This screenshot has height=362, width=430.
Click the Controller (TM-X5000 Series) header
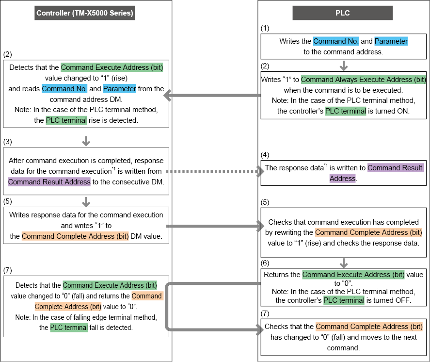[x=85, y=13]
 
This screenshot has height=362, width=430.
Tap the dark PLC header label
[x=342, y=13]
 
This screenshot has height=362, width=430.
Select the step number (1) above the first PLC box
[x=265, y=28]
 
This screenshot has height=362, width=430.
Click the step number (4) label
[x=265, y=155]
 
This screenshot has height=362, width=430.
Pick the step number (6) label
[x=265, y=263]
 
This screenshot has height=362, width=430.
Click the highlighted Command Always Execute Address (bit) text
[x=364, y=79]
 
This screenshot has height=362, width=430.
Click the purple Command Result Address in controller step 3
[x=49, y=181]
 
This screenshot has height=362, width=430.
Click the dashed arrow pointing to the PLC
[x=213, y=171]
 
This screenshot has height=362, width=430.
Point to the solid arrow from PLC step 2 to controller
[x=213, y=96]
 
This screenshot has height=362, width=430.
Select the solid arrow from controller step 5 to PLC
[x=213, y=226]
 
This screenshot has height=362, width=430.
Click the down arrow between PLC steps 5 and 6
[x=344, y=263]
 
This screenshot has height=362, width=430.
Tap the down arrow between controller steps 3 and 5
[x=86, y=201]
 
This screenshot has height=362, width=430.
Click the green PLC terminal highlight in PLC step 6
[x=344, y=300]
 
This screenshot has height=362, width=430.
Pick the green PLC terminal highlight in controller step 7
[x=69, y=328]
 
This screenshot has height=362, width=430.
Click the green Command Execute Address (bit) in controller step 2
[x=112, y=67]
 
